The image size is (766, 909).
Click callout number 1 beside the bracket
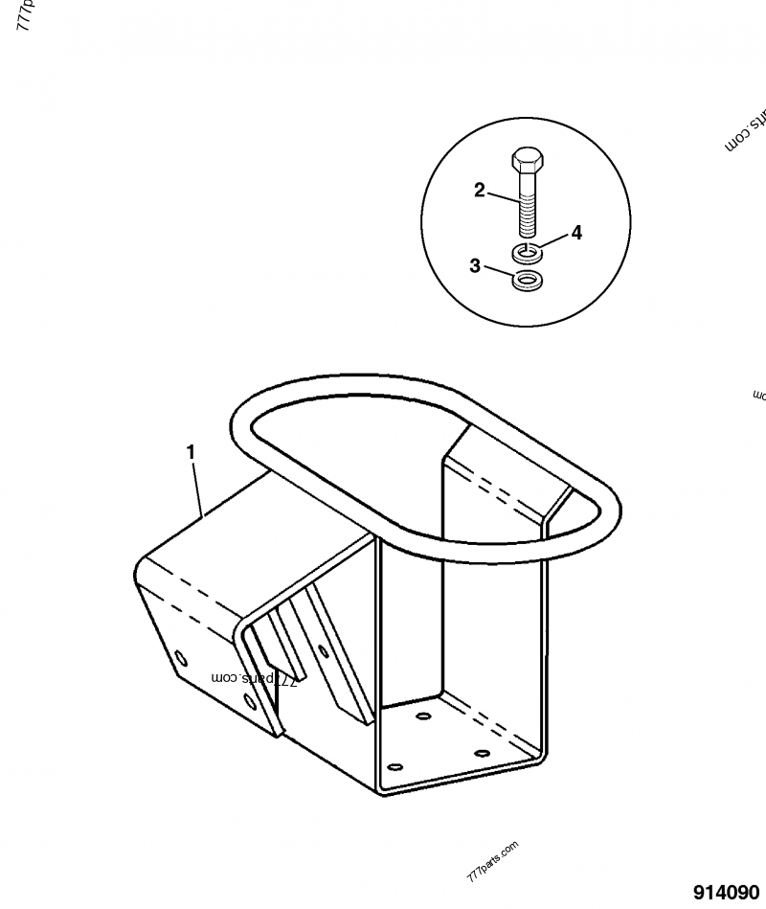pyautogui.click(x=191, y=449)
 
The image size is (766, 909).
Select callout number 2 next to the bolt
pyautogui.click(x=480, y=190)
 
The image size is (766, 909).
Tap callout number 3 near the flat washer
pyautogui.click(x=475, y=265)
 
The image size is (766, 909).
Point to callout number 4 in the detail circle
pyautogui.click(x=576, y=232)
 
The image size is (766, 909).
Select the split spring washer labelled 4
pyautogui.click(x=524, y=252)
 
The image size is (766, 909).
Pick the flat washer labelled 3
pyautogui.click(x=525, y=281)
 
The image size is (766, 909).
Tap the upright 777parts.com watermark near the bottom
pyautogui.click(x=492, y=862)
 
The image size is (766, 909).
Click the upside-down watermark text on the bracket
pyautogui.click(x=255, y=678)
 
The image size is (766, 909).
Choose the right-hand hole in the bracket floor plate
pyautogui.click(x=481, y=753)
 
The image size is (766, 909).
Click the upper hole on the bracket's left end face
pyautogui.click(x=180, y=657)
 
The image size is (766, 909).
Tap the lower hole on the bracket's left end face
pyautogui.click(x=251, y=702)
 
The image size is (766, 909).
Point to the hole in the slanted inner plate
pyautogui.click(x=324, y=651)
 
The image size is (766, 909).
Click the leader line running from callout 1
pyautogui.click(x=197, y=489)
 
